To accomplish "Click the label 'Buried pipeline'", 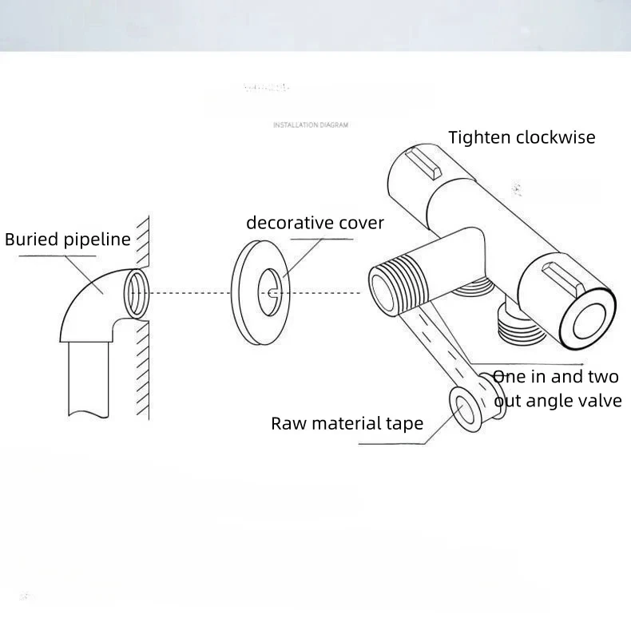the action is [68, 240].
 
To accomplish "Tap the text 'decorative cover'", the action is [315, 223].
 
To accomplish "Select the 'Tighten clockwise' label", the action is [522, 137].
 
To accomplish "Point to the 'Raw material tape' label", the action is [347, 423].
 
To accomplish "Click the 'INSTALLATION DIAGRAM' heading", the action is [311, 125].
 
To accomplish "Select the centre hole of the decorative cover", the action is [272, 293].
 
